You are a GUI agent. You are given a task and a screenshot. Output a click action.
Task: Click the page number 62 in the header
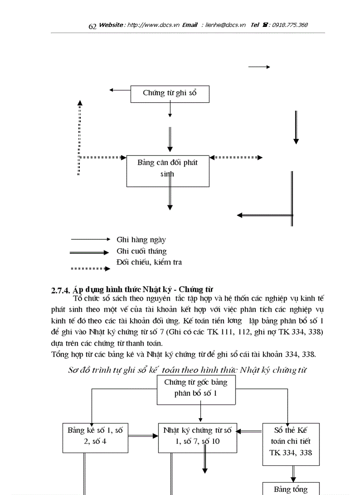pos(92,26)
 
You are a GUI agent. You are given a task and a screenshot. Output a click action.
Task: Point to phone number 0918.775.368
pos(290,25)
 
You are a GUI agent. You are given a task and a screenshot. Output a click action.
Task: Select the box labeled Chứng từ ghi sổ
pos(170,94)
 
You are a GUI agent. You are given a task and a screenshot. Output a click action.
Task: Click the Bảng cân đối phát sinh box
pos(168,171)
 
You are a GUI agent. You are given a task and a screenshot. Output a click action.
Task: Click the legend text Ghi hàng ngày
pos(141,240)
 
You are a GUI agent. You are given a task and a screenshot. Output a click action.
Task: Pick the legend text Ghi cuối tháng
pos(142,251)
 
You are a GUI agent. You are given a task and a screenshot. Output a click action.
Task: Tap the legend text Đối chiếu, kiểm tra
pos(149,262)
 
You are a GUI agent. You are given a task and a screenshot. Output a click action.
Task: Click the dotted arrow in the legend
pos(90,268)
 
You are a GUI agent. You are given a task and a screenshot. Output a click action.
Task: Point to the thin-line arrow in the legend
pos(90,239)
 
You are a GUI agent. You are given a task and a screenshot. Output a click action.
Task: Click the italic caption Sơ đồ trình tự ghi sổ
pos(187,370)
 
